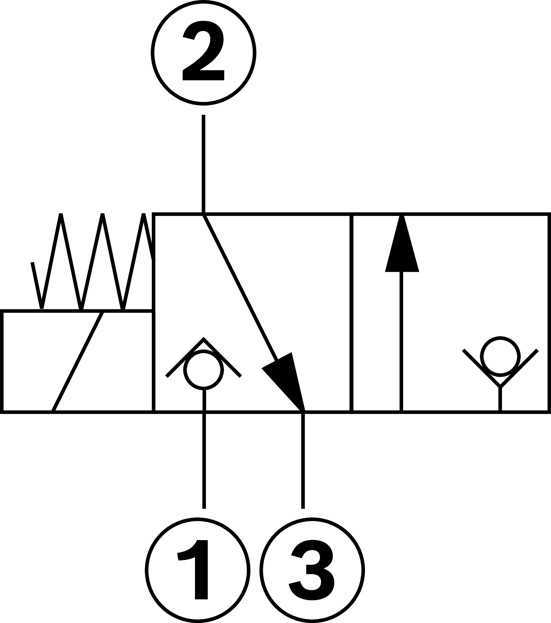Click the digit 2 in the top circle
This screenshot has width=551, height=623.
203,51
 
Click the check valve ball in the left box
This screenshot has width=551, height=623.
204,370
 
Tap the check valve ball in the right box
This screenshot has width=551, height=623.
500,357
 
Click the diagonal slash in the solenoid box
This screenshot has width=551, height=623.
78,362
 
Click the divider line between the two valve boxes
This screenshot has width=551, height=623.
351,314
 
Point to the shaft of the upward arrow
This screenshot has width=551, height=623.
401,341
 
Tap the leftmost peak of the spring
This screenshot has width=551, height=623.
61,215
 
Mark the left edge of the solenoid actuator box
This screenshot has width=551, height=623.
2,362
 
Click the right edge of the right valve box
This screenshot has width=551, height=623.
549,314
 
